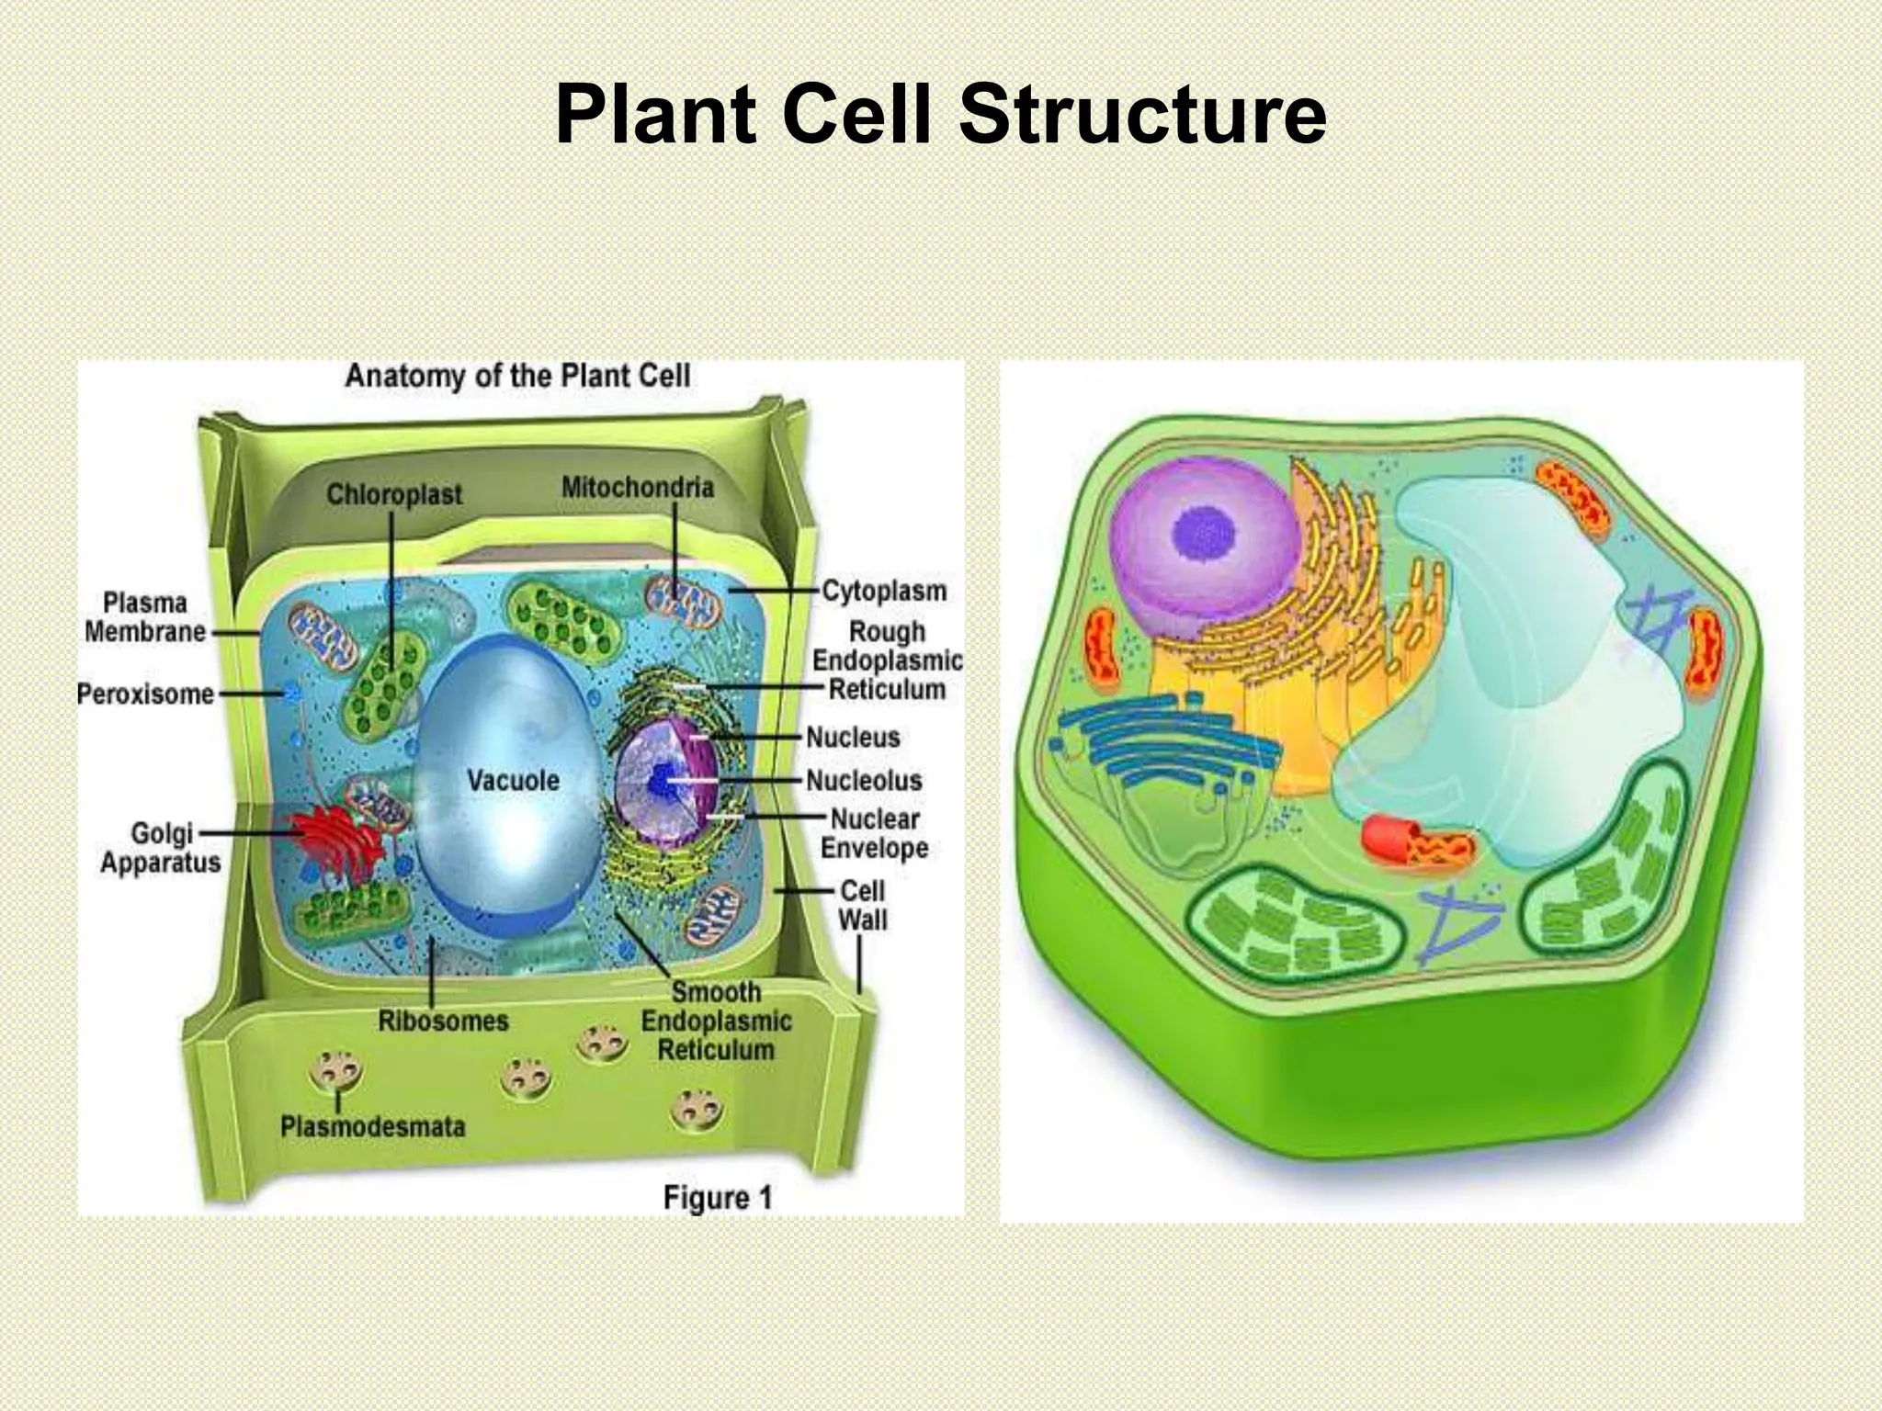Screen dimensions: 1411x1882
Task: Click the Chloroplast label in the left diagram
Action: pos(394,494)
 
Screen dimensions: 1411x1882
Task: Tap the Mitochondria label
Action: pos(637,487)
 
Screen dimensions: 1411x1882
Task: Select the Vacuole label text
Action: pos(513,780)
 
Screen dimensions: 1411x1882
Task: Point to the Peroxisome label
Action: pos(145,694)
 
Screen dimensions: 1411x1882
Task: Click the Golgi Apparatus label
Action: pos(161,847)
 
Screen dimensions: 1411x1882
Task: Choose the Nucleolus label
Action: pos(864,780)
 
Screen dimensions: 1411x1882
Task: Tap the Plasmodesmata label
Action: pos(372,1126)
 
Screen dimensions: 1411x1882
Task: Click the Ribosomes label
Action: pos(443,1021)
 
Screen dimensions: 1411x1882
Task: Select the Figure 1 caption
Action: pos(717,1198)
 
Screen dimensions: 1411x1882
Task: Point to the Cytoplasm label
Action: pos(883,590)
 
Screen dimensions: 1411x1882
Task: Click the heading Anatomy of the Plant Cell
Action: pos(517,376)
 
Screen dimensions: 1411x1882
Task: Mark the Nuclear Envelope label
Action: pos(874,832)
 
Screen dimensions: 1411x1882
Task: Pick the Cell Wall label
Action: pos(863,904)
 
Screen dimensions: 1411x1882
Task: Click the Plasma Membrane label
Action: pos(144,617)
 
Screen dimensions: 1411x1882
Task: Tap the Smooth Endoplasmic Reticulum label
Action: pos(716,1021)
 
